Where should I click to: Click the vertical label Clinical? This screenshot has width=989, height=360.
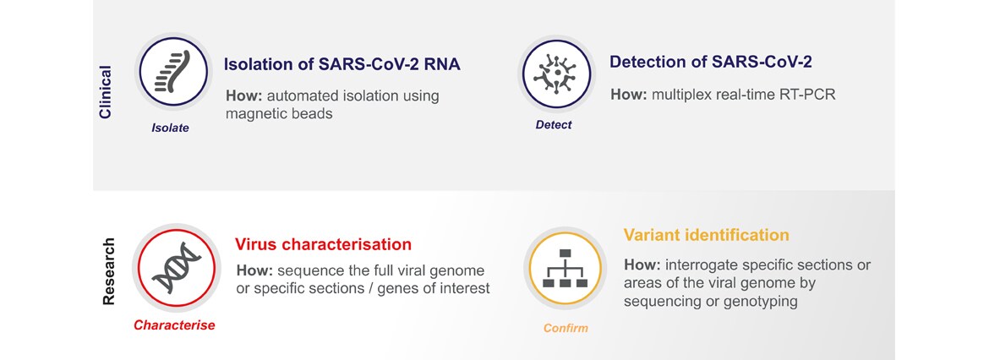point(106,92)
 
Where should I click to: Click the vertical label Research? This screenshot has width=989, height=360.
point(109,271)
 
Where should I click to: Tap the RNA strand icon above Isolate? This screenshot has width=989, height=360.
point(172,71)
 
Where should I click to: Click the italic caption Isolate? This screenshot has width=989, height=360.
point(170,128)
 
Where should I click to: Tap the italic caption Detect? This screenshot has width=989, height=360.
point(553,125)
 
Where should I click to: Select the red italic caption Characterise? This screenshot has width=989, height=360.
point(174,325)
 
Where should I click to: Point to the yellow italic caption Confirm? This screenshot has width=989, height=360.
point(566,329)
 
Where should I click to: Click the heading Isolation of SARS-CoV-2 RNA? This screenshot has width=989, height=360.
point(342,64)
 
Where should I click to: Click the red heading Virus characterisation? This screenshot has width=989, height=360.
point(324,244)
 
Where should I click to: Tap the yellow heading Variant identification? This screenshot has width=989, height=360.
point(707,235)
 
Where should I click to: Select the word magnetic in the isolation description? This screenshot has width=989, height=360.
point(254,114)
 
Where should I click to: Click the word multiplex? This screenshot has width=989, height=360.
point(675,95)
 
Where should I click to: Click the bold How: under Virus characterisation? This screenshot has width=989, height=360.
point(254,271)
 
